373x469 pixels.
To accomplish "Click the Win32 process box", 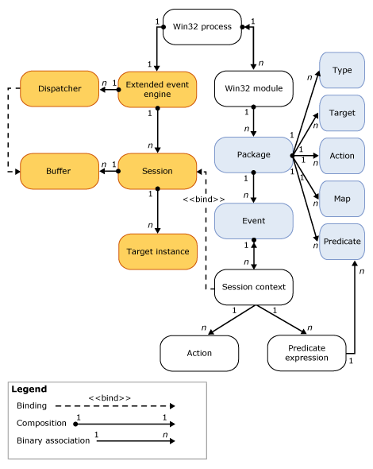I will click(x=198, y=26).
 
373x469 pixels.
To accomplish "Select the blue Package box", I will click(x=253, y=155).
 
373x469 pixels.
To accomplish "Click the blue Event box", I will click(x=253, y=222).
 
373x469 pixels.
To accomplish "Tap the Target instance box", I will click(x=158, y=252).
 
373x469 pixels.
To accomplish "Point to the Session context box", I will click(x=253, y=287).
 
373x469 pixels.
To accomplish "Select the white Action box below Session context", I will click(x=199, y=352).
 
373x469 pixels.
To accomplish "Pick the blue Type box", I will click(x=342, y=71).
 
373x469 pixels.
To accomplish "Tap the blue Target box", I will click(x=342, y=113).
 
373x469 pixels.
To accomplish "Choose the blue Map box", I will click(x=342, y=198).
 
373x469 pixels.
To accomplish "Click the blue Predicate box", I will click(x=342, y=241).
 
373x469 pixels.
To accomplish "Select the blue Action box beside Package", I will click(x=342, y=156).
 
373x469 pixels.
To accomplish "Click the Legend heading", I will click(x=30, y=390).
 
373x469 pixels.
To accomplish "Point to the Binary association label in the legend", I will click(x=53, y=440).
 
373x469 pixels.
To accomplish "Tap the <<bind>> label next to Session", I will click(x=204, y=198).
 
